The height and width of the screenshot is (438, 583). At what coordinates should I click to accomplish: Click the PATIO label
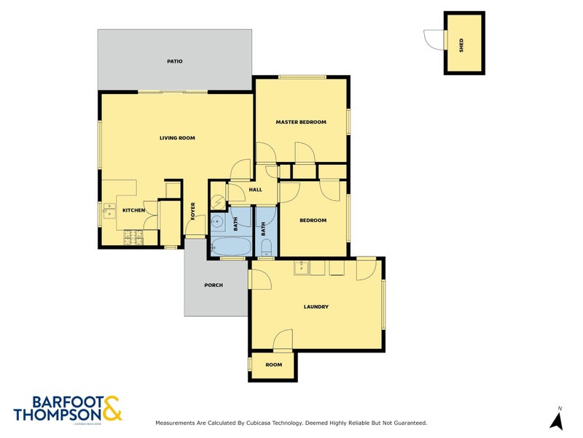click(174, 61)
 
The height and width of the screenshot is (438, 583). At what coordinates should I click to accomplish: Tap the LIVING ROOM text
click(177, 138)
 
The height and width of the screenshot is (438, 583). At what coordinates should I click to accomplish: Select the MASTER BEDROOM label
click(300, 122)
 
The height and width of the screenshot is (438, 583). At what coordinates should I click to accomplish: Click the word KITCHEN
click(134, 210)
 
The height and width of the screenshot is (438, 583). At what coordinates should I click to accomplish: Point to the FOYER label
click(193, 211)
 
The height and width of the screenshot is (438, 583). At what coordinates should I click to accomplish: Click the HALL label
click(255, 190)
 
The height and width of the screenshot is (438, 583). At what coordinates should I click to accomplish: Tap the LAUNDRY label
click(316, 307)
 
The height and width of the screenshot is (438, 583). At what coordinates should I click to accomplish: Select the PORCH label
click(214, 285)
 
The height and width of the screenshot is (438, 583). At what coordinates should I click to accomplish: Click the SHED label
click(461, 46)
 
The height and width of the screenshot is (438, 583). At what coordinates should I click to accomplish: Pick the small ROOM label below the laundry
click(273, 364)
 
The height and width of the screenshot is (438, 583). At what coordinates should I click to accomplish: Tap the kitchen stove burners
click(133, 237)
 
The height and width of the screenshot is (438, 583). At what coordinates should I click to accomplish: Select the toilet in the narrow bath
click(266, 246)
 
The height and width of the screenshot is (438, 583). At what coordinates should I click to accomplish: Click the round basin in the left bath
click(217, 221)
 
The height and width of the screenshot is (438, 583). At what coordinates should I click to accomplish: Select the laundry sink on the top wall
click(300, 268)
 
